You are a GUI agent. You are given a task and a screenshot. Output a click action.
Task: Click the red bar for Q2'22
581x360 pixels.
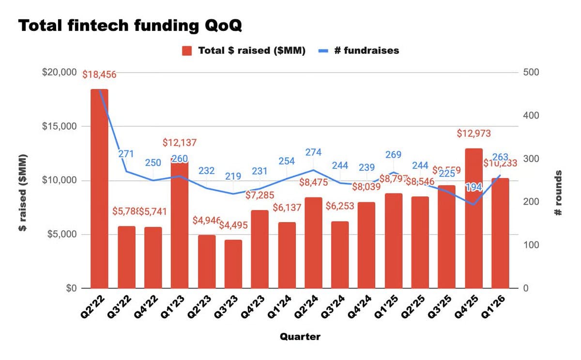(99, 189)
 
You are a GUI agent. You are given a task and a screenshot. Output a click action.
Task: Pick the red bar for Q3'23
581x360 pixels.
(233, 264)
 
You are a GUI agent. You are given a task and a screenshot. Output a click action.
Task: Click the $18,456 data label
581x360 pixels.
(99, 75)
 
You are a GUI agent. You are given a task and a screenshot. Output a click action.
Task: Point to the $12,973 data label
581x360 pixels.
(474, 134)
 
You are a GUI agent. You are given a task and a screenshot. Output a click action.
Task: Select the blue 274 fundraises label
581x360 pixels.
(313, 152)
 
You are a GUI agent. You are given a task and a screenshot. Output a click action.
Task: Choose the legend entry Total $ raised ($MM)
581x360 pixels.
(245, 50)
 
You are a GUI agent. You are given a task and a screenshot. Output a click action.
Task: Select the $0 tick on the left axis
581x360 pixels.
(71, 288)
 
